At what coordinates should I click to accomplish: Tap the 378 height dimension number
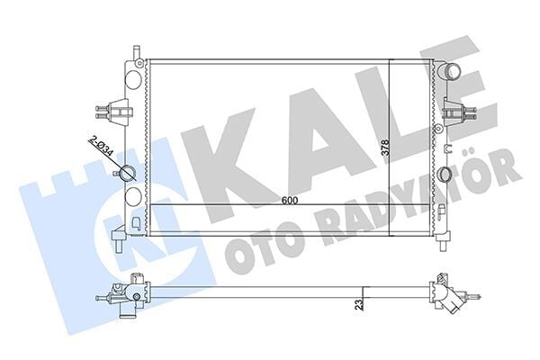(x=384, y=148)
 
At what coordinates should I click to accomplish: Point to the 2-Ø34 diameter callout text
(x=102, y=145)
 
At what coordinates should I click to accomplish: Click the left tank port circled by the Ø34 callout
(x=131, y=174)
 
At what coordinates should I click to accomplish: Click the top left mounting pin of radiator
(x=135, y=49)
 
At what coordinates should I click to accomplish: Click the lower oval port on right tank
(x=444, y=175)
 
